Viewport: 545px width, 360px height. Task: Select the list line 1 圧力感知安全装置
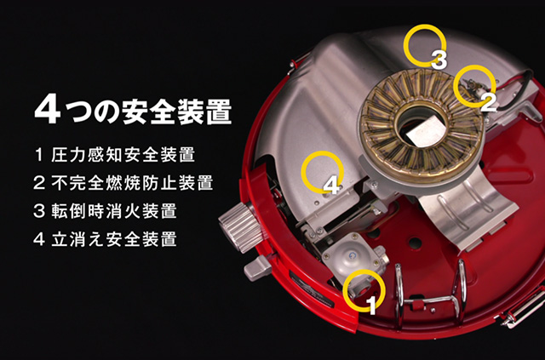tap(114, 155)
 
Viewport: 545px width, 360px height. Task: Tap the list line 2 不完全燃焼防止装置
tap(123, 183)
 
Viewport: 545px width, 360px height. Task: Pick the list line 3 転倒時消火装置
tap(106, 211)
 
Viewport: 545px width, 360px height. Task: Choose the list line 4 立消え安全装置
tap(106, 239)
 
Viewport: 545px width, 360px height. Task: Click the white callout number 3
tap(439, 60)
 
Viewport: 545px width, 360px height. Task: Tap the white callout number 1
tap(372, 306)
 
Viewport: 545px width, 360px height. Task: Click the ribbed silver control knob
tap(240, 226)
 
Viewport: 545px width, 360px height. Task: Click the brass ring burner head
tap(422, 126)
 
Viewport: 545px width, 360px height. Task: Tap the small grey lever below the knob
tap(257, 268)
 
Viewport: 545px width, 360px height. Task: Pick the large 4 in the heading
tap(48, 109)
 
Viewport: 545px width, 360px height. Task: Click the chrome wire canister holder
tap(431, 294)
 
